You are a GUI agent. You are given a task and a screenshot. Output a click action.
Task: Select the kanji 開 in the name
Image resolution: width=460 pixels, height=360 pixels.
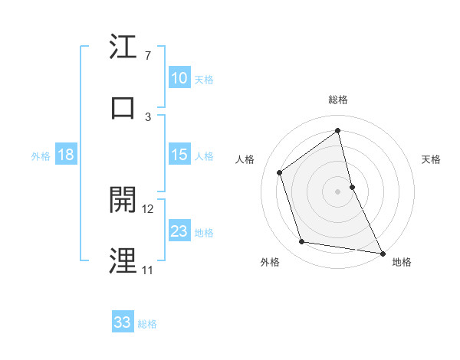point(123,200)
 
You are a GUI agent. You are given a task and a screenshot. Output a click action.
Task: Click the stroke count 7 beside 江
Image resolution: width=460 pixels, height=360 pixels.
point(148,56)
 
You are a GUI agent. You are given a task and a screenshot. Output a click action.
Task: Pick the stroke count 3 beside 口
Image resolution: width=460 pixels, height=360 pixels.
point(148,116)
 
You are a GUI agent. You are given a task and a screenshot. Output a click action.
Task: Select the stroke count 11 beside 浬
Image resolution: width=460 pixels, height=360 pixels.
point(147,270)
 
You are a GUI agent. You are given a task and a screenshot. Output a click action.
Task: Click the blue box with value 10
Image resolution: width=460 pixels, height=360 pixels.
point(179,78)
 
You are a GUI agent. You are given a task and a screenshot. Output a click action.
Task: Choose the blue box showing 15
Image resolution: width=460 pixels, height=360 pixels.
point(179,155)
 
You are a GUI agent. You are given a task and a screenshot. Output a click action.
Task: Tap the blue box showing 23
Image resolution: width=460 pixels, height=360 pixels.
point(179,231)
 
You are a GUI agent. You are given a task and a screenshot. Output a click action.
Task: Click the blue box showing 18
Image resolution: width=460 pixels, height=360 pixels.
point(66,155)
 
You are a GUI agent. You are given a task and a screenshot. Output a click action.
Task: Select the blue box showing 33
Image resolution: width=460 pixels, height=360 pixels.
point(123,322)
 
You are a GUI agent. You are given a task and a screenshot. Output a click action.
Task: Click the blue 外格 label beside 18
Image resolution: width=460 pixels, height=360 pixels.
point(41,155)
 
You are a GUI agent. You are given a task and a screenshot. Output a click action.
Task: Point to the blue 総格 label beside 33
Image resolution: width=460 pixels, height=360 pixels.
point(147,324)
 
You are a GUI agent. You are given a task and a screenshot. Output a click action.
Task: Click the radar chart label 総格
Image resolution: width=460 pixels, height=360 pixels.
point(337,100)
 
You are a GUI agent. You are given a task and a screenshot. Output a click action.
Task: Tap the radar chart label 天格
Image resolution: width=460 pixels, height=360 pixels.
point(432,159)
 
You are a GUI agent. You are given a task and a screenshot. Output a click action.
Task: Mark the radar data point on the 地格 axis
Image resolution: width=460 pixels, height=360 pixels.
point(382,253)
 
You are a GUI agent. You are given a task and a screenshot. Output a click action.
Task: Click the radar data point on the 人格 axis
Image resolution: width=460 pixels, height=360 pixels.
point(279,172)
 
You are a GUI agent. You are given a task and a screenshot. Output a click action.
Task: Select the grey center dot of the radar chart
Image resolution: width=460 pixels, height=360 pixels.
point(337,191)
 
